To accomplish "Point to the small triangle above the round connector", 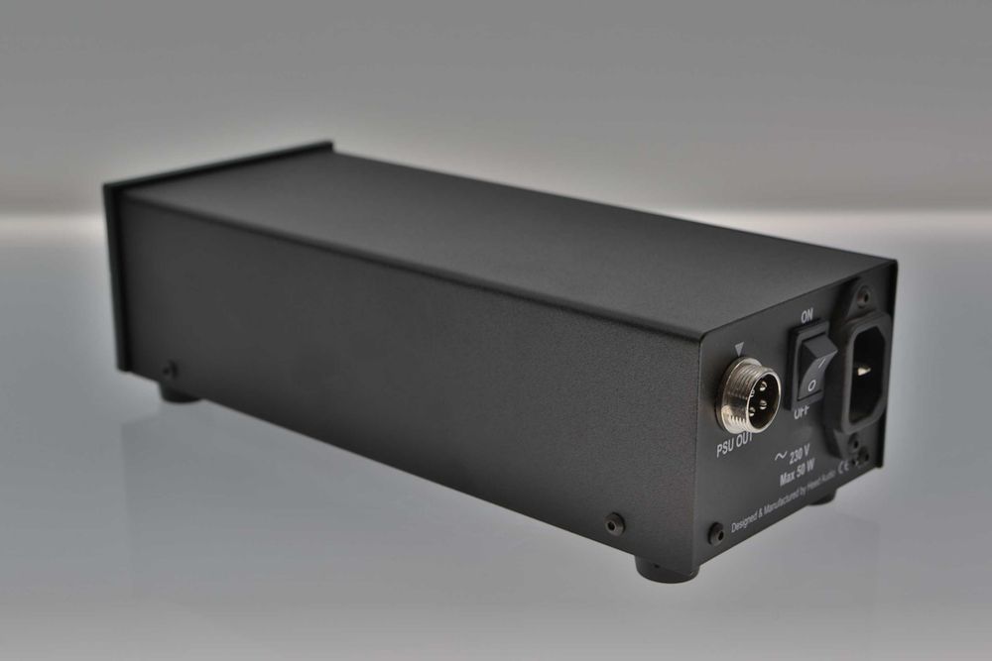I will coord(740,348).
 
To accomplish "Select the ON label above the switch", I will coord(806,315).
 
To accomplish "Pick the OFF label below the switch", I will coord(801,410).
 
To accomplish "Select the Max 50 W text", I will coord(797,473).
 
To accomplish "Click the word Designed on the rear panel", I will coord(746,522).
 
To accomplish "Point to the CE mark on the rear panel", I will coord(846,469).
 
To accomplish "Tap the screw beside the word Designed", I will coord(716,532).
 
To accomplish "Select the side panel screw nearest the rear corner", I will coord(615,522).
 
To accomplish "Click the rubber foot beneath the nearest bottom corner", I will coord(658,571).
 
